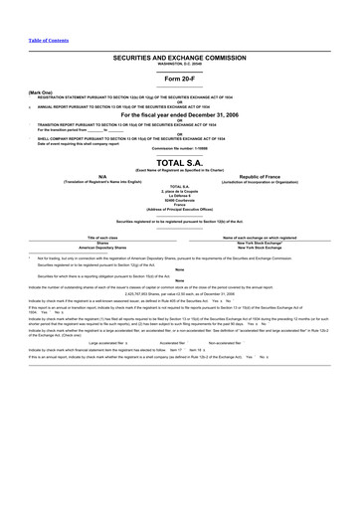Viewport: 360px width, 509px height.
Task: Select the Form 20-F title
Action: [180, 79]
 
